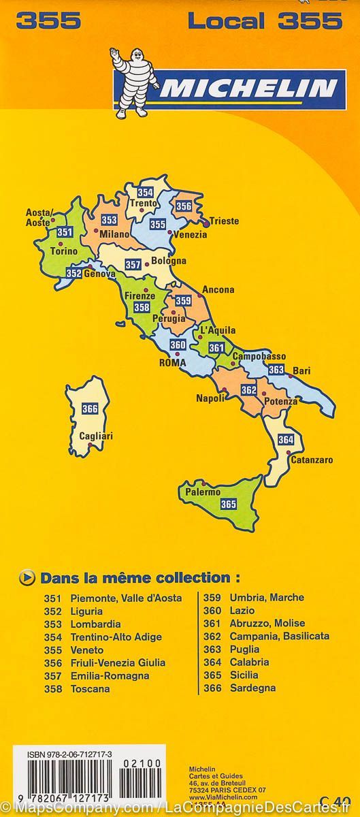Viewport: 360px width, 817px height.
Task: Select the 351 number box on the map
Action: coord(65,233)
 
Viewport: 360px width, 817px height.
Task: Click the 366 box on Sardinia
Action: coord(89,408)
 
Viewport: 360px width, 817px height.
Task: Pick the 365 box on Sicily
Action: coord(228,504)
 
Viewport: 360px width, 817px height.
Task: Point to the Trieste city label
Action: coord(224,221)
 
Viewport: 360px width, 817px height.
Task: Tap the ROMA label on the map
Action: coord(172,363)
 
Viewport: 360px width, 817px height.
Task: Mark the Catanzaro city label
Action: coord(312,460)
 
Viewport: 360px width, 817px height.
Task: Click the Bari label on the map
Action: coord(301,371)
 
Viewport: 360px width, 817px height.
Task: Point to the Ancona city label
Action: coord(218,289)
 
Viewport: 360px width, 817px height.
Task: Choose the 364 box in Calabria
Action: coord(286,439)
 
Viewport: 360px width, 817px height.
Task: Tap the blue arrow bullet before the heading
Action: coord(28,578)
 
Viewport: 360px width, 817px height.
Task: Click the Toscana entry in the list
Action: coord(90,688)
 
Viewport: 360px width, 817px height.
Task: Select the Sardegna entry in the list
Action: coord(252,688)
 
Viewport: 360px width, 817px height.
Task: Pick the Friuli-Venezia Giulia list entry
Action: coord(118,662)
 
